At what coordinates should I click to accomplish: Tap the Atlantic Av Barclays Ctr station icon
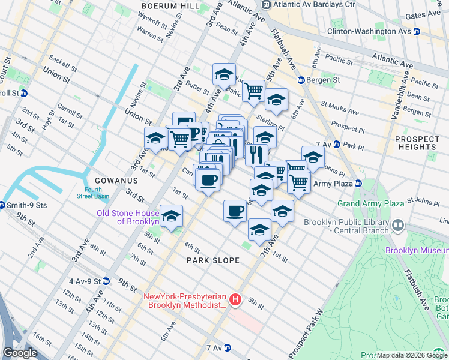(266, 5)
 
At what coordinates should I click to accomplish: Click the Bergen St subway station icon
(301, 80)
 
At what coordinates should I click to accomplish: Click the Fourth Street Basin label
(93, 193)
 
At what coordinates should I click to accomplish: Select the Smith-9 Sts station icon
(4, 205)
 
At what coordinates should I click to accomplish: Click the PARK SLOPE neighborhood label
(213, 260)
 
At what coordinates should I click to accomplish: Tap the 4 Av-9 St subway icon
(106, 281)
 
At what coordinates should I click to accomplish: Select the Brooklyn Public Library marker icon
(397, 225)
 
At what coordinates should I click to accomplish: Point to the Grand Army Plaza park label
(370, 204)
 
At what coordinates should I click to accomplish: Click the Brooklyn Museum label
(417, 250)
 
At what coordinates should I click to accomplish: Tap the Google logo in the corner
(20, 353)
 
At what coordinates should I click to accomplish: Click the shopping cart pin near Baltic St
(254, 90)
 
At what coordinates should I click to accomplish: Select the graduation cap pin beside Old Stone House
(171, 215)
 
